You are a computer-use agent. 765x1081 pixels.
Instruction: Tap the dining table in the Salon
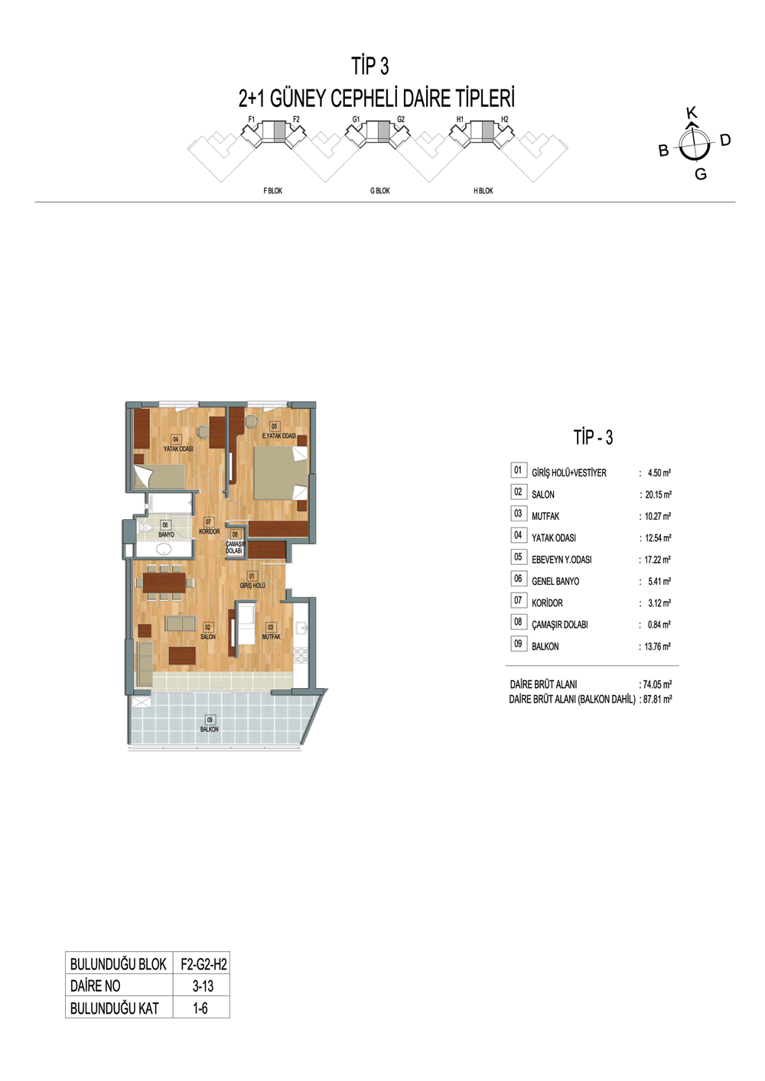(164, 583)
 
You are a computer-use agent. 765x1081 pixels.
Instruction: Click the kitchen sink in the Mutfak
(301, 627)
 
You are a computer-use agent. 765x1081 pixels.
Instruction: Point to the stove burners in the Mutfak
(301, 654)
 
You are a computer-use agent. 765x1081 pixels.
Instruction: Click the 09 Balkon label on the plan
(209, 725)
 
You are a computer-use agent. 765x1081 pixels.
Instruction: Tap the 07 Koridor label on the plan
(209, 527)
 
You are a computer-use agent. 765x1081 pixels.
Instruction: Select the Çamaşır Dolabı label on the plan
(235, 547)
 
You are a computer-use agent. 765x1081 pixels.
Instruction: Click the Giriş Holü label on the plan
(252, 586)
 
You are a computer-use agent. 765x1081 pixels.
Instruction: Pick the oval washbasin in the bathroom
(164, 549)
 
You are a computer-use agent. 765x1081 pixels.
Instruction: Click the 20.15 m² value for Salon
(658, 495)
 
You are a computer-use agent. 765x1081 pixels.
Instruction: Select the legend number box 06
(518, 579)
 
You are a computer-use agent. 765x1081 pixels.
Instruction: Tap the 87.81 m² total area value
(658, 699)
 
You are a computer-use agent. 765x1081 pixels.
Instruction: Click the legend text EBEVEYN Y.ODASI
(562, 560)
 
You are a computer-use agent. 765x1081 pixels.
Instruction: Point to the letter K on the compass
(692, 113)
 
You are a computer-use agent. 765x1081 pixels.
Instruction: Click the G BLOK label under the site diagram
(380, 191)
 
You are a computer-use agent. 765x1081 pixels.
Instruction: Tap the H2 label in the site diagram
(505, 120)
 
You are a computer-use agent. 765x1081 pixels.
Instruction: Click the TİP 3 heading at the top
(370, 67)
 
